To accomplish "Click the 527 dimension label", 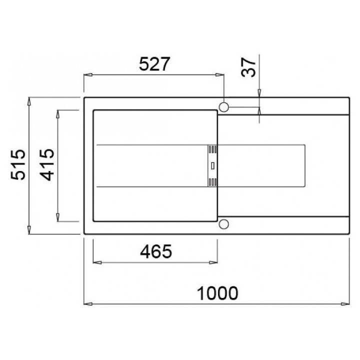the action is click(x=154, y=64).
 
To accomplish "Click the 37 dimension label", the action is click(x=248, y=67).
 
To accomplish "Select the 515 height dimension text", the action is click(x=18, y=164).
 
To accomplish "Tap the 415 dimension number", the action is click(x=47, y=164).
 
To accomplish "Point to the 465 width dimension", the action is click(x=156, y=251).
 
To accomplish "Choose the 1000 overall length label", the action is click(x=217, y=293).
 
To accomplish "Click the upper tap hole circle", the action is click(x=224, y=107).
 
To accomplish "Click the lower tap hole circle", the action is click(x=224, y=224).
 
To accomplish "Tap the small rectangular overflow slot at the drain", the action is click(x=212, y=166).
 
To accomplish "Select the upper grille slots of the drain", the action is click(x=212, y=149).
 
